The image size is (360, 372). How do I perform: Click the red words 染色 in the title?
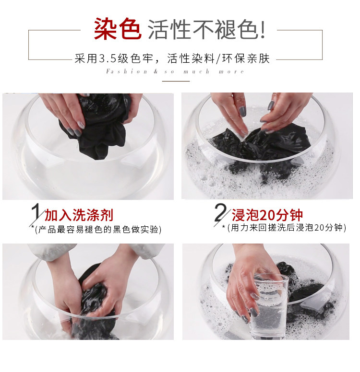[118, 29]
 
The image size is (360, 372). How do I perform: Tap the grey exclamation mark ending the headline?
[263, 29]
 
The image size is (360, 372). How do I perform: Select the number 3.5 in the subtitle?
[107, 59]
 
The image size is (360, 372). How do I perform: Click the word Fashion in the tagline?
[126, 71]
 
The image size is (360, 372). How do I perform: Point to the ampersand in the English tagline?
[156, 71]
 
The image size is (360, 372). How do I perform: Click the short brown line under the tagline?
[176, 81]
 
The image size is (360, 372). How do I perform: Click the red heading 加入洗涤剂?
[79, 215]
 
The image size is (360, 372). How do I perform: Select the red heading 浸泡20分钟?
[267, 215]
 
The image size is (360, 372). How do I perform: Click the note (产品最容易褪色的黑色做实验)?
[98, 230]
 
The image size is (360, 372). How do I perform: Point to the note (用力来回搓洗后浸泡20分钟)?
[287, 228]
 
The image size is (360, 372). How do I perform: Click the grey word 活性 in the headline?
[169, 29]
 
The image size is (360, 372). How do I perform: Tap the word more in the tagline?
[231, 71]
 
